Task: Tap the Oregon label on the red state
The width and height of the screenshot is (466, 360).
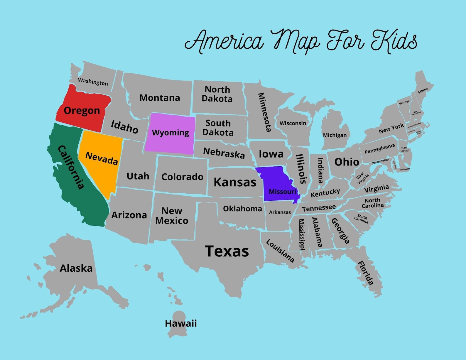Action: [x=82, y=111]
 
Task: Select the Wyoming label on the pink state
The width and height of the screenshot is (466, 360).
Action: [x=170, y=133]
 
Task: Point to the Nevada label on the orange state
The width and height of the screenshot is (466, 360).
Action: [x=102, y=158]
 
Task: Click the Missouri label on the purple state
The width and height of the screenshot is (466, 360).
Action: [x=283, y=192]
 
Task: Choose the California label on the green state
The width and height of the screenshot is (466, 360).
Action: [x=71, y=167]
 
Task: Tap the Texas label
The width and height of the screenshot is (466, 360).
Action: [x=227, y=251]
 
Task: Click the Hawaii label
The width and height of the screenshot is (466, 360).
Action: [x=181, y=323]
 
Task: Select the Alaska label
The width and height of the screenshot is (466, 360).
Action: [x=76, y=268]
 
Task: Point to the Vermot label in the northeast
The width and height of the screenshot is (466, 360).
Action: [x=404, y=102]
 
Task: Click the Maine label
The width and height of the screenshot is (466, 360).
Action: [x=423, y=90]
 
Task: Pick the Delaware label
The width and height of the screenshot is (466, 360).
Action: [x=405, y=169]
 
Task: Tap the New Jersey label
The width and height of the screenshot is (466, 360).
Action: [x=404, y=149]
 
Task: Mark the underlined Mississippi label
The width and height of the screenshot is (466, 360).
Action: [x=302, y=234]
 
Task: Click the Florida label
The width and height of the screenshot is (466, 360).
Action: [x=366, y=273]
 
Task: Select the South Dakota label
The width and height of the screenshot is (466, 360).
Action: [x=218, y=128]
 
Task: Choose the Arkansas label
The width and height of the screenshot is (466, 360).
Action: [x=280, y=212]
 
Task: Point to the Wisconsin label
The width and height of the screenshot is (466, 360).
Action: [x=293, y=123]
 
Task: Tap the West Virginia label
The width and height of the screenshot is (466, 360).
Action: [x=362, y=178]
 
